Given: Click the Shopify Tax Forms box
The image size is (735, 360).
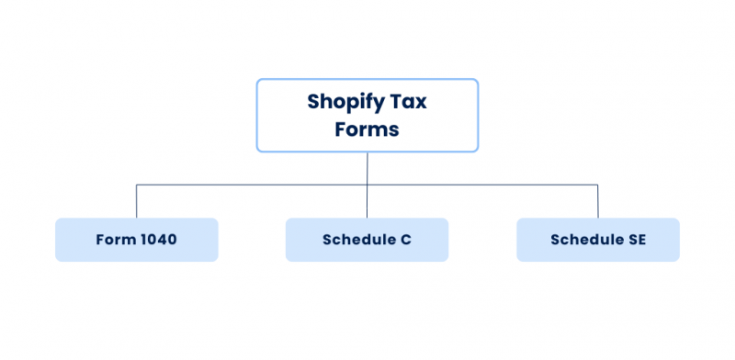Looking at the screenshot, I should [367, 115].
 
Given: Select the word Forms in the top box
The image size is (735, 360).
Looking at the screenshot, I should [367, 129].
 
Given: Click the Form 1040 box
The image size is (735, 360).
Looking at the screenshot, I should [136, 240].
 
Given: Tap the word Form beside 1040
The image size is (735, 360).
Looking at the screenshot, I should [115, 240].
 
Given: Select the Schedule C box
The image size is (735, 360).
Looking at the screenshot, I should [367, 240].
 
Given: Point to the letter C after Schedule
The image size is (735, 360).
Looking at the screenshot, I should [405, 240].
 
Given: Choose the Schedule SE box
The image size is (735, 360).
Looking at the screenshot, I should [597, 240].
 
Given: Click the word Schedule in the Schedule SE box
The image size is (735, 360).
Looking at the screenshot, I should [586, 240].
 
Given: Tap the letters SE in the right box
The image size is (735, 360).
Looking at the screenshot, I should [636, 240].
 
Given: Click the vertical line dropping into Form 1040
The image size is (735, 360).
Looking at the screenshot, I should [137, 202].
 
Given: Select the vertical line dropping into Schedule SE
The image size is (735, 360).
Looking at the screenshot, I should [598, 202].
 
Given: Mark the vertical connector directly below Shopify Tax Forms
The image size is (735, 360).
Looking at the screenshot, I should [367, 167].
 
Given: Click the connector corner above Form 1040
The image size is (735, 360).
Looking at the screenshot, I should [137, 186].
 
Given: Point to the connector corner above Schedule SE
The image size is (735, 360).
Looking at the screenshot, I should [598, 186].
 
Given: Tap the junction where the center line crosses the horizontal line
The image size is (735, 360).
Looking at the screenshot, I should [367, 186].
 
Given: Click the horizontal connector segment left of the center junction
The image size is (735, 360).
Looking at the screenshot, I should [253, 186].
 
